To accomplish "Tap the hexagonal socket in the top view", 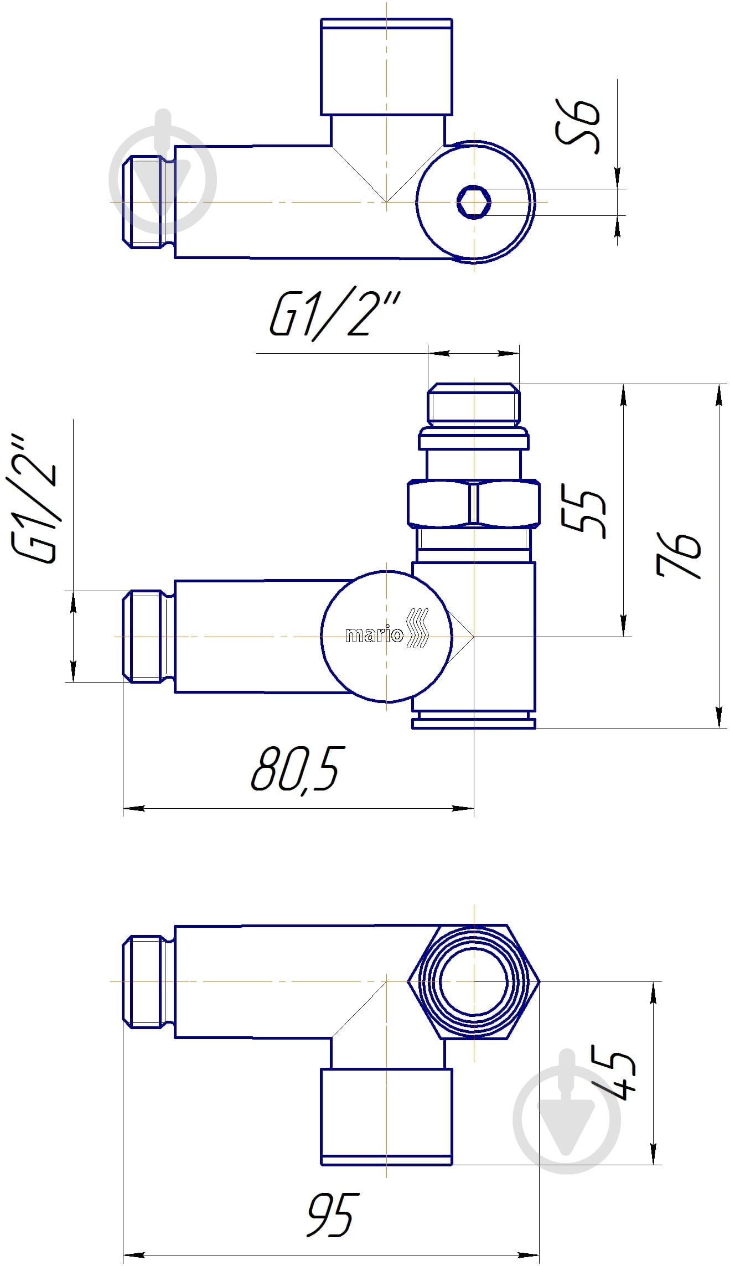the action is pyautogui.click(x=474, y=202).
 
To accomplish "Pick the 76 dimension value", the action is pyautogui.click(x=679, y=555).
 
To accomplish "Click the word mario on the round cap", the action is pyautogui.click(x=374, y=635).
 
